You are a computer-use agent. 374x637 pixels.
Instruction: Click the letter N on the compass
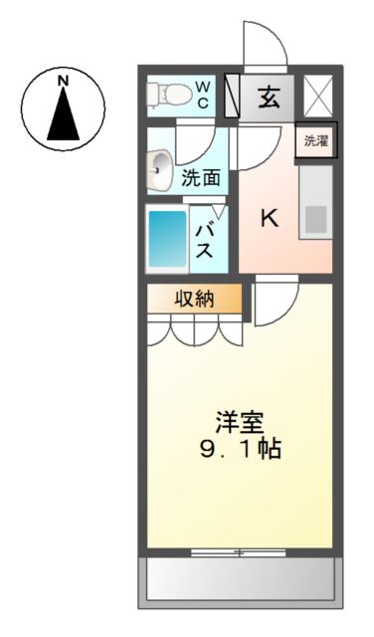(62, 80)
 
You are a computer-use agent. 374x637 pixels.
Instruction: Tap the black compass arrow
(62, 115)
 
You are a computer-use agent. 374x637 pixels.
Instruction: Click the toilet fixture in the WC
(166, 95)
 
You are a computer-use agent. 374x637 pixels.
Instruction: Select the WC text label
(202, 95)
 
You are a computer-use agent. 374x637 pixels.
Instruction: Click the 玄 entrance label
(269, 98)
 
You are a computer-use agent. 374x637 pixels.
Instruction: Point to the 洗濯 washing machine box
(314, 140)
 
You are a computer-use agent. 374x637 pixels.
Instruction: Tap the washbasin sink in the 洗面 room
(158, 170)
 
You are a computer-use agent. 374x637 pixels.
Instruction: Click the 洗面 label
(200, 180)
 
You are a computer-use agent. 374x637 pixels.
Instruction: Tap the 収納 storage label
(195, 299)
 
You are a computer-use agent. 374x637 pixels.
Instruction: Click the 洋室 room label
(243, 419)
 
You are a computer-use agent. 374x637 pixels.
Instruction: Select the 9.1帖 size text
(243, 449)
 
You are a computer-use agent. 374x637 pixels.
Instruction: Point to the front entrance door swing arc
(266, 45)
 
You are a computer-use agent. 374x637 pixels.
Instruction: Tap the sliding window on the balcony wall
(239, 550)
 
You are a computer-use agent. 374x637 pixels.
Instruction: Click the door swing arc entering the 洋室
(273, 305)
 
